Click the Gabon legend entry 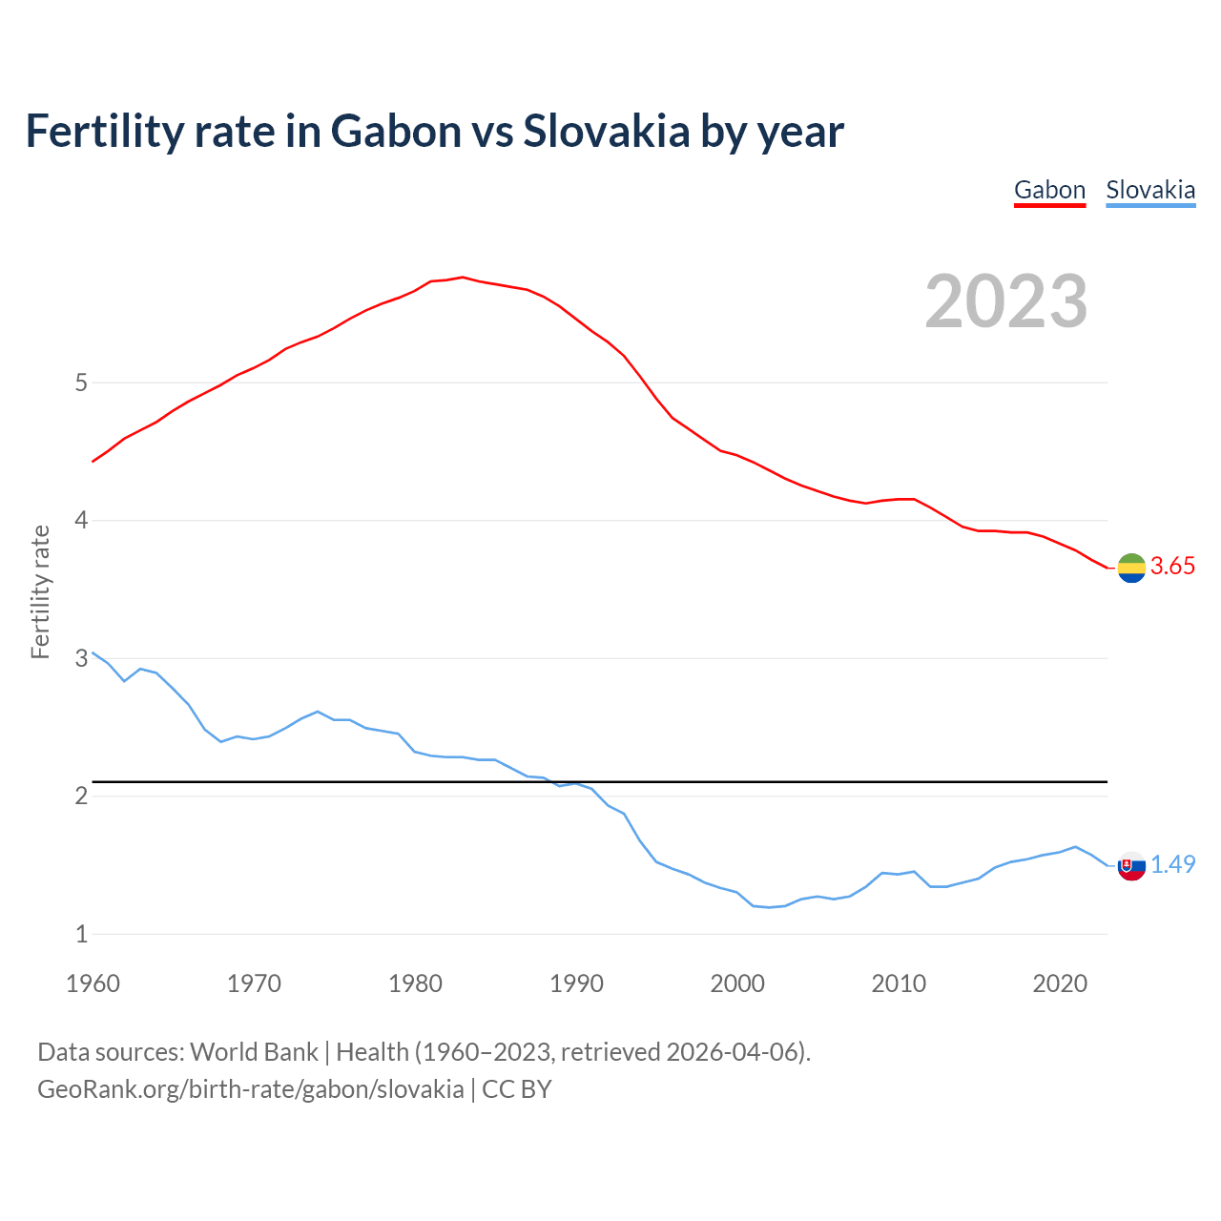pos(1049,190)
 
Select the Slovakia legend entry pos(1150,190)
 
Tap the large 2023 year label pos(1006,301)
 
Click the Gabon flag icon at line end pos(1131,567)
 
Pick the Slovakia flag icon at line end pos(1131,865)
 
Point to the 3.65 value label pos(1172,566)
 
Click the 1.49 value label pos(1172,864)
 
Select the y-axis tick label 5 pos(81,383)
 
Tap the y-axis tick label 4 pos(81,521)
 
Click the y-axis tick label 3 pos(81,658)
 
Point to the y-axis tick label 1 pos(81,934)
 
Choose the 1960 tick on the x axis pos(93,983)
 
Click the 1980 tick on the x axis pos(415,983)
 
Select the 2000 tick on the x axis pos(737,983)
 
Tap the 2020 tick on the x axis pos(1060,983)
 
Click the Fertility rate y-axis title pos(40,591)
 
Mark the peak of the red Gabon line pos(463,278)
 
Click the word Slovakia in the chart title pos(607,131)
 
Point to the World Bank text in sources pos(254,1052)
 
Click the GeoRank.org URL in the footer pos(251,1089)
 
